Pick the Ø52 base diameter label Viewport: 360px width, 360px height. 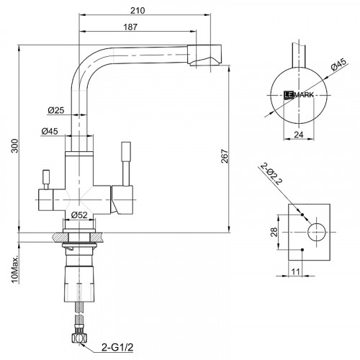(x=79, y=215)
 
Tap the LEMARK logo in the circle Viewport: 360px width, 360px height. (x=300, y=94)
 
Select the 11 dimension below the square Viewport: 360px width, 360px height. (x=296, y=272)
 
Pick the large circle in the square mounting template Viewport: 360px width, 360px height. (x=316, y=232)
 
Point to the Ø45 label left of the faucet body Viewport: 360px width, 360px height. (x=50, y=131)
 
